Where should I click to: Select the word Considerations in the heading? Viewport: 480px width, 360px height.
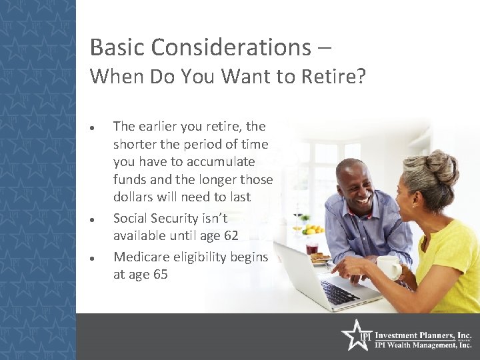coord(230,47)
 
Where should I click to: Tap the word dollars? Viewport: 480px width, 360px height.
coord(135,197)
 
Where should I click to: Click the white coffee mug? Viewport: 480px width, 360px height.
coord(388,267)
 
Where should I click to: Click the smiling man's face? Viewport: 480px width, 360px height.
coord(357,184)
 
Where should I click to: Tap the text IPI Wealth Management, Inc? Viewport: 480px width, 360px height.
coord(423,345)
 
